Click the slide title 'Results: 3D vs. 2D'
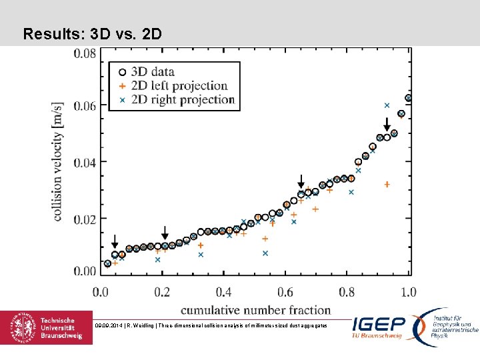tap(92, 33)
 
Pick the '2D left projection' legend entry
tap(179, 86)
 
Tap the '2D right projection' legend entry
tap(183, 100)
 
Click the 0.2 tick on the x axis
tap(163, 292)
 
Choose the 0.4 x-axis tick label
tap(224, 292)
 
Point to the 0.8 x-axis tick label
tap(347, 292)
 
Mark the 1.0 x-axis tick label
tap(408, 292)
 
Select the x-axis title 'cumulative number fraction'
tap(255, 309)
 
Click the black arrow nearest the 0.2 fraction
tap(165, 233)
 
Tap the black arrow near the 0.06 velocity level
tap(387, 125)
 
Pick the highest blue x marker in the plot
tap(387, 105)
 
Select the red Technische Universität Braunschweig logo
tap(47, 327)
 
